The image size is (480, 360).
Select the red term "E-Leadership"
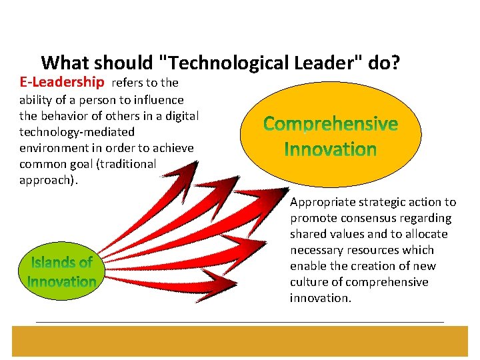62,83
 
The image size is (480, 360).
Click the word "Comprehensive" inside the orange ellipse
331,124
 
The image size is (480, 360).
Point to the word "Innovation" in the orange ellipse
331,149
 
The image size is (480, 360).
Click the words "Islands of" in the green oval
61,263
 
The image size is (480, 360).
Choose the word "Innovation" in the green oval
61,281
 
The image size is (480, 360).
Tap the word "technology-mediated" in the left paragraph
77,132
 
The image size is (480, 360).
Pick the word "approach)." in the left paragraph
49,180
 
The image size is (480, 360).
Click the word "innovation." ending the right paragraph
320,298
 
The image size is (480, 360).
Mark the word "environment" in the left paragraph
56,148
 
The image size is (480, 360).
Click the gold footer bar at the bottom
240,341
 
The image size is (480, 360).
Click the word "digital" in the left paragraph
179,116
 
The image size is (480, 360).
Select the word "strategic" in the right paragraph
381,202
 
